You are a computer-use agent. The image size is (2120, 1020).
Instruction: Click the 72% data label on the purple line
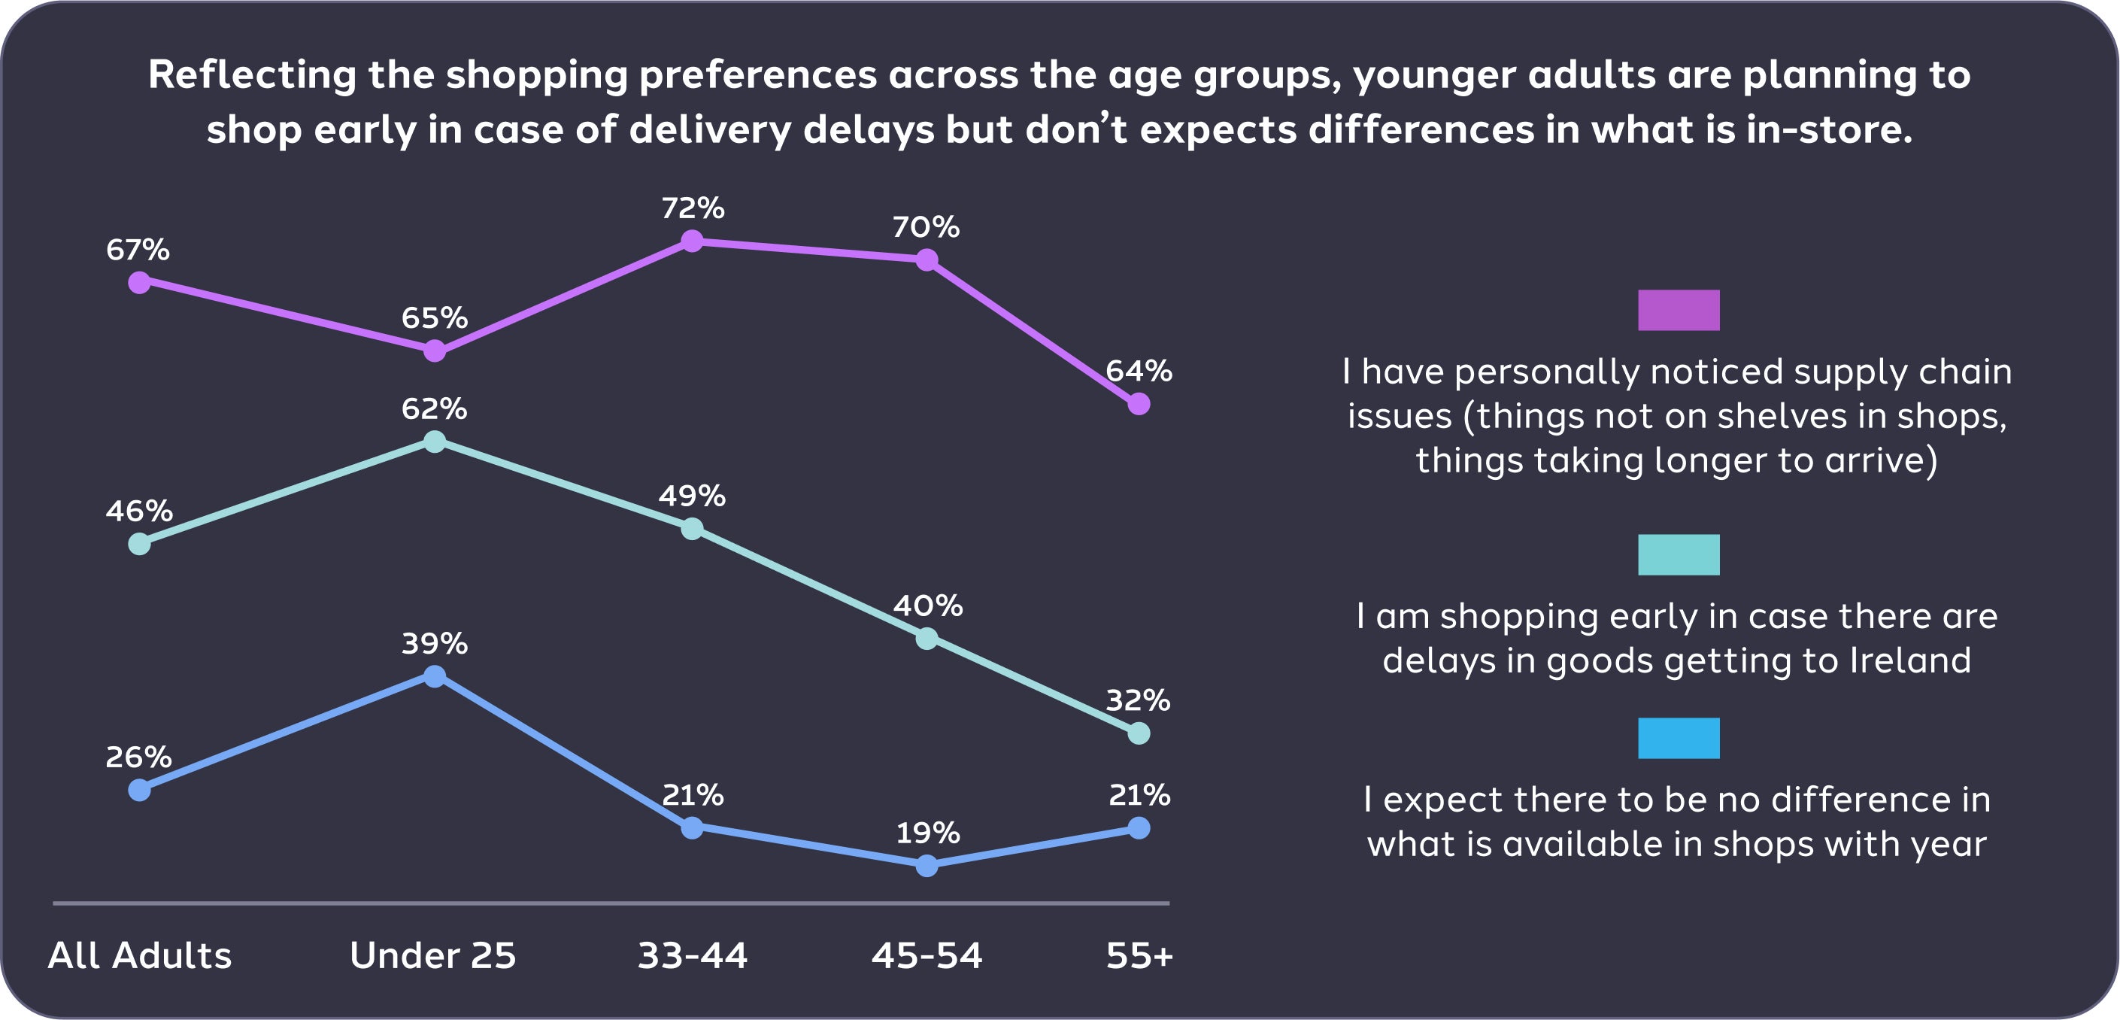coord(692,208)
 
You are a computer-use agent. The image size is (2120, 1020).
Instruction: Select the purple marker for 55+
coord(1138,403)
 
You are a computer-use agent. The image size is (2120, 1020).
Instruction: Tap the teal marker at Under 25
coord(435,442)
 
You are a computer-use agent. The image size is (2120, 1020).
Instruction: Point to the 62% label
coord(434,408)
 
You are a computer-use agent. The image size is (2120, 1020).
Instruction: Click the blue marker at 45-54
coord(927,866)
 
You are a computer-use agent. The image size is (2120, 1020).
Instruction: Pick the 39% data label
coord(434,643)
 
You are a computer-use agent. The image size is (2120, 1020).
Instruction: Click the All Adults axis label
coord(140,956)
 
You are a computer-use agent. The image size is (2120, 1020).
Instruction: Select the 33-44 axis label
coord(692,956)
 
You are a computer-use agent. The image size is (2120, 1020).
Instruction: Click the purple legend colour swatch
coord(1678,311)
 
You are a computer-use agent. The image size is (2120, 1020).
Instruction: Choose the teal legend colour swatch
coord(1678,555)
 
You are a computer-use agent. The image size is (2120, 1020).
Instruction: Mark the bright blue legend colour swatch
coord(1678,739)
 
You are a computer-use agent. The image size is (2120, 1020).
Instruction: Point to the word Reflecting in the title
coord(252,75)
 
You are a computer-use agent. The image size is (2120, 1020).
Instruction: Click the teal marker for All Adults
coord(140,544)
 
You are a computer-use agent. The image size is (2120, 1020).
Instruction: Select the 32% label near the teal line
coord(1137,700)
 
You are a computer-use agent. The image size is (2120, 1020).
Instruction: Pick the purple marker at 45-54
coord(927,260)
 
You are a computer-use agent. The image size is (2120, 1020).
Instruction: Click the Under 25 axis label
coord(433,956)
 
